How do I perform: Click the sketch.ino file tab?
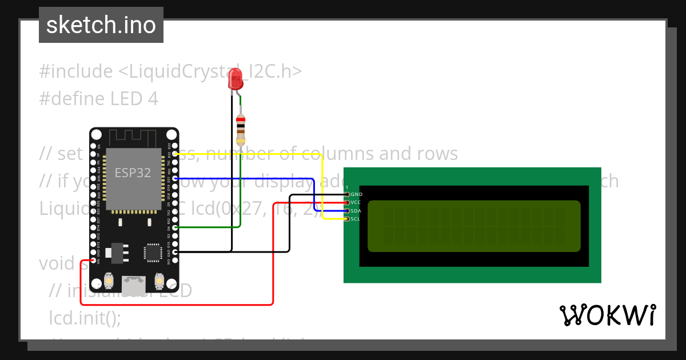coord(101,25)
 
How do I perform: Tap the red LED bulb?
coord(235,79)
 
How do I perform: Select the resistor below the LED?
coord(241,129)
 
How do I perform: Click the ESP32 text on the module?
coord(133,173)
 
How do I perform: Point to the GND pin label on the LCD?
coord(356,195)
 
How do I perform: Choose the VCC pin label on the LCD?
coord(356,203)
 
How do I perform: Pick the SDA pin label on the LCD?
coord(356,211)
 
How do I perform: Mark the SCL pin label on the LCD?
coord(356,219)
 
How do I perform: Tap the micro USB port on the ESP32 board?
coord(133,283)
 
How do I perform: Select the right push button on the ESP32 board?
coord(159,282)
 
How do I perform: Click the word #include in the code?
coord(76,72)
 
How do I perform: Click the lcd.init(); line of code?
coord(85,318)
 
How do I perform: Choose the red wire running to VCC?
coord(273,257)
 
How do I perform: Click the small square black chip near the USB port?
coord(153,253)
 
